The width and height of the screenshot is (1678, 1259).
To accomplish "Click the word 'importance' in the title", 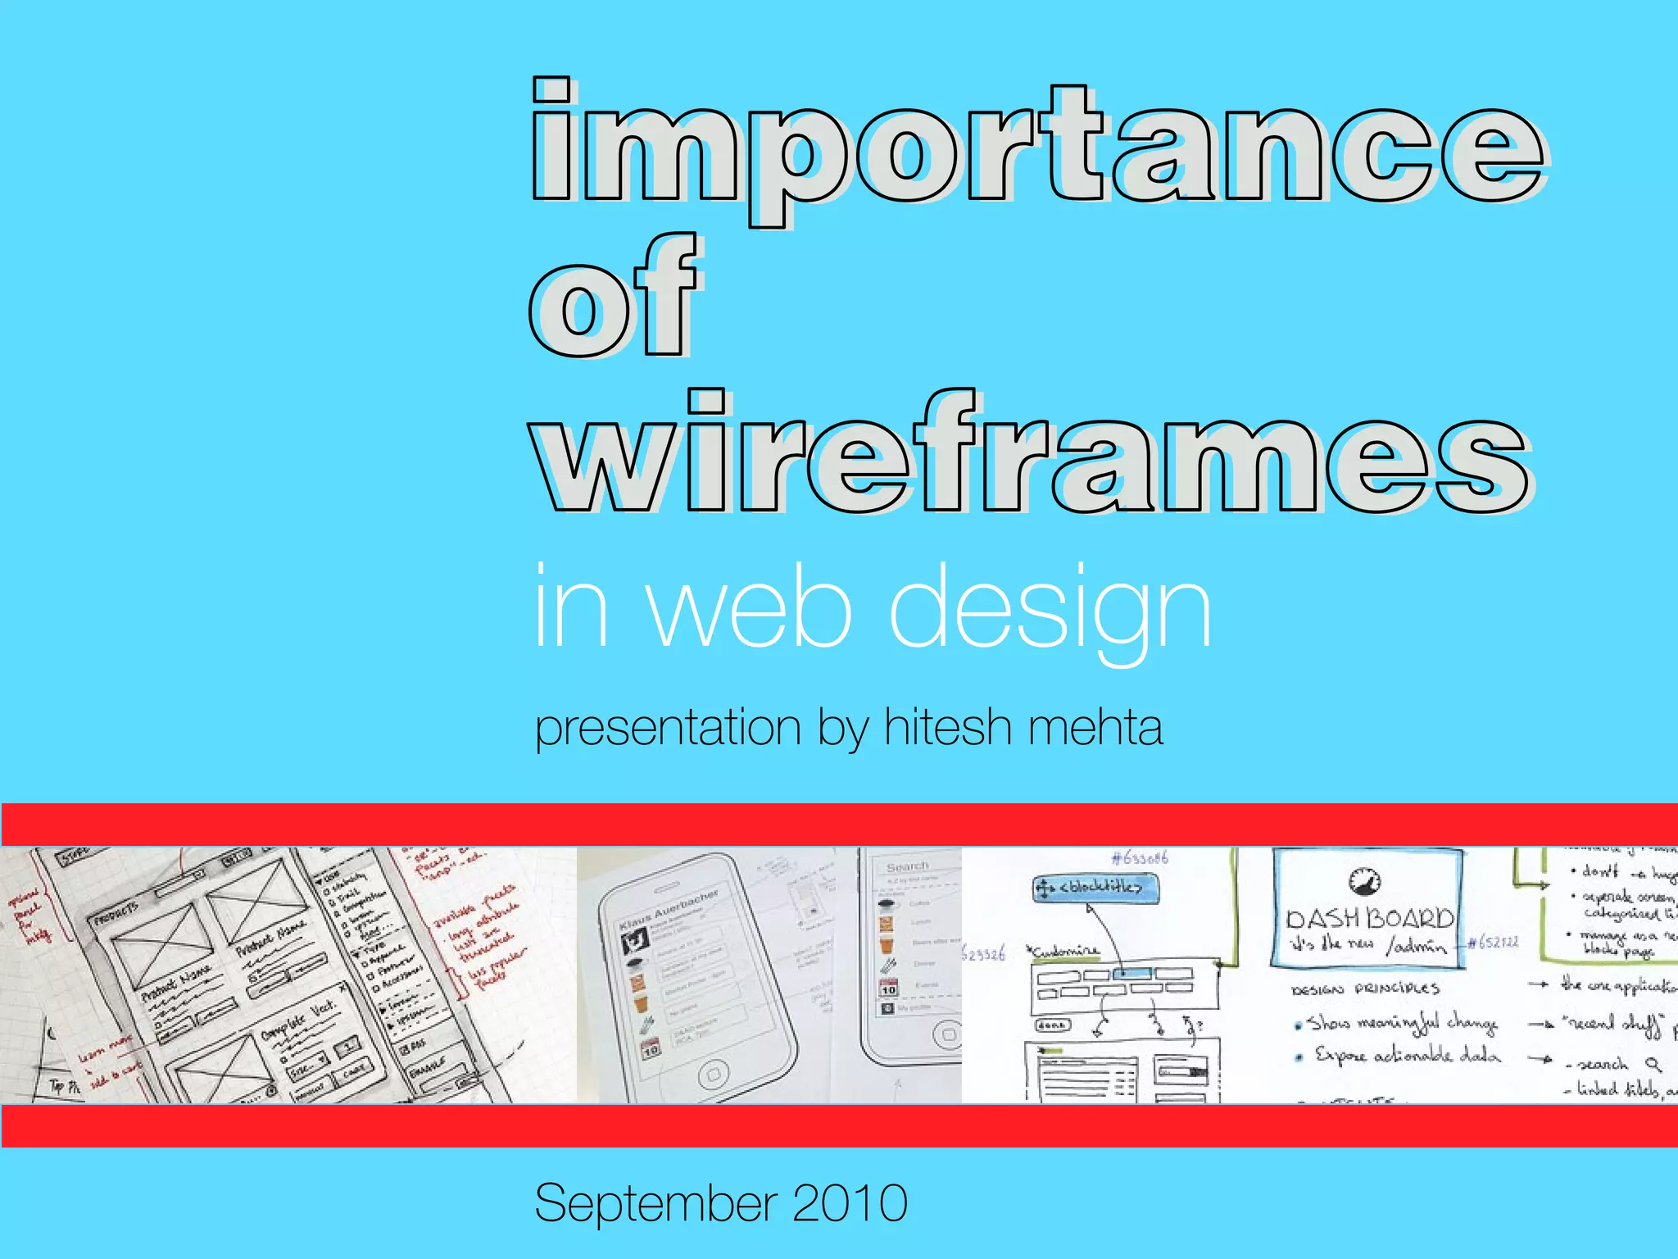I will point(1036,143).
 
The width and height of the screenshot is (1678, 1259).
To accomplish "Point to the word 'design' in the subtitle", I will point(1050,611).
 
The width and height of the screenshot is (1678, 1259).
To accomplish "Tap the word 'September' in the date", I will point(655,1203).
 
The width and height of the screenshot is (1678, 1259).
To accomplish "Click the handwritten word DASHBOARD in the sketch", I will point(1369,917).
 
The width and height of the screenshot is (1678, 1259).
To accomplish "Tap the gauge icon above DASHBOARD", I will point(1365,880).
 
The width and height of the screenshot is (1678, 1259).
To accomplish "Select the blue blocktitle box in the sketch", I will point(1095,888).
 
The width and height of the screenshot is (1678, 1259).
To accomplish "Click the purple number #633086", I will point(1139,858).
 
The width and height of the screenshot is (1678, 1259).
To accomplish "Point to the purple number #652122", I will point(1493,942).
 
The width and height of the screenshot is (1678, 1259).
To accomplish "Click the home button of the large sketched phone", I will point(713,1073).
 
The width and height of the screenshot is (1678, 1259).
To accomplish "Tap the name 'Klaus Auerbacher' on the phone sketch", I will point(669,909).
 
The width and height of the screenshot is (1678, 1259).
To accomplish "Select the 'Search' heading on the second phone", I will point(907,866).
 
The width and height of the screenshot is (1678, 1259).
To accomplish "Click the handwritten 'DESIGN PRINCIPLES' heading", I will point(1365,989).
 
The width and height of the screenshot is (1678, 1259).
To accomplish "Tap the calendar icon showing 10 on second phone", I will point(888,988).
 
